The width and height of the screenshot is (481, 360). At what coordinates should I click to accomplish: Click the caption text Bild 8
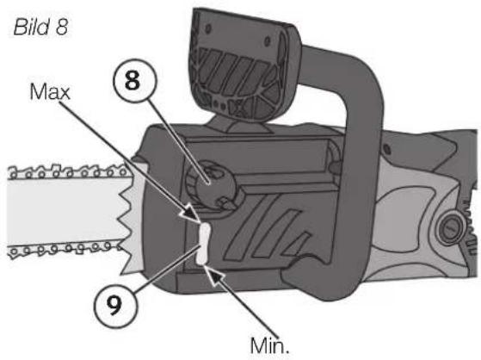click(40, 27)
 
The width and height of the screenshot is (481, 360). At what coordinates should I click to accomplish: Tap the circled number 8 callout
click(134, 81)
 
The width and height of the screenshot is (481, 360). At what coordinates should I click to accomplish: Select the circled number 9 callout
click(115, 306)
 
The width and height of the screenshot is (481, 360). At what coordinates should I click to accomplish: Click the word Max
click(50, 91)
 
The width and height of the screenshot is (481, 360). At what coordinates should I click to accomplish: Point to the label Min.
click(269, 346)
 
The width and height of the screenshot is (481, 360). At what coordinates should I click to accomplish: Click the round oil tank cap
click(212, 184)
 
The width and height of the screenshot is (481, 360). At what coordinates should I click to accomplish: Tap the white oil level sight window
click(203, 244)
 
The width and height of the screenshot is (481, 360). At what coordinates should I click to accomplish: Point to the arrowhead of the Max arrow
click(192, 214)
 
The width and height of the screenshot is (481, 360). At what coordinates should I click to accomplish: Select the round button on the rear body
click(450, 229)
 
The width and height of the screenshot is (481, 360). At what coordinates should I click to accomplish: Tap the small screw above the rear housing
click(388, 150)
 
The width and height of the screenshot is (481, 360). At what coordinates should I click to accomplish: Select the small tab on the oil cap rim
click(225, 202)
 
